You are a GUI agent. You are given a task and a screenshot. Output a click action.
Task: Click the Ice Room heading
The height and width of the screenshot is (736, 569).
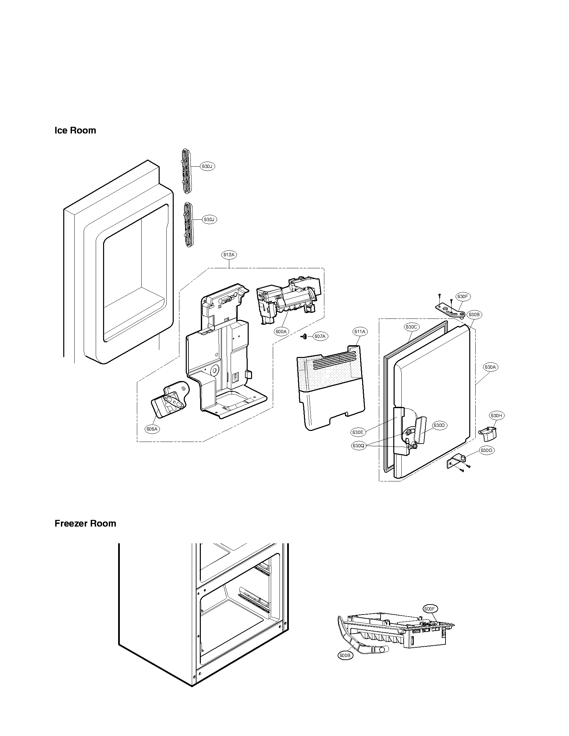tap(75, 130)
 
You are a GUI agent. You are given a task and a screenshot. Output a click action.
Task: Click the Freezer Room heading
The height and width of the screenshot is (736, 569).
tap(85, 523)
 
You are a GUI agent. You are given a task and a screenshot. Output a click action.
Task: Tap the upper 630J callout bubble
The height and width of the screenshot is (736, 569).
tap(207, 166)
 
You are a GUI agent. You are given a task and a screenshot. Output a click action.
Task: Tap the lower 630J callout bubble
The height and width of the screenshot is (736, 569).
tap(209, 219)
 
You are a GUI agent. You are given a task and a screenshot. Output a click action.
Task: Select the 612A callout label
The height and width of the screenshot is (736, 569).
tap(229, 255)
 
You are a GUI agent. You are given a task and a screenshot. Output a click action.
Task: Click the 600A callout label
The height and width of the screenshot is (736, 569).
tap(281, 332)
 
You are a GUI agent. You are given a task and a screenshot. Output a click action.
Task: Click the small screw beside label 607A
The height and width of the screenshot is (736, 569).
tap(304, 336)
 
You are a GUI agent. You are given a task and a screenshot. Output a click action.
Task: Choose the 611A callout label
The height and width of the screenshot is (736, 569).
tap(360, 332)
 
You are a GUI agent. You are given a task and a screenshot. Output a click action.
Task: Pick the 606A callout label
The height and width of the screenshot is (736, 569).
tap(152, 429)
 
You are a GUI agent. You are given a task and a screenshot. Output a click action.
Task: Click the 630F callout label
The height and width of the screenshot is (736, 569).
tap(463, 296)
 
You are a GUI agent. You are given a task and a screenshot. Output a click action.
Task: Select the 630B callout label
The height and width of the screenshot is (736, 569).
tap(474, 314)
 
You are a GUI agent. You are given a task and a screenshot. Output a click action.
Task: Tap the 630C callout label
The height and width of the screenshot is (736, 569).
tap(412, 327)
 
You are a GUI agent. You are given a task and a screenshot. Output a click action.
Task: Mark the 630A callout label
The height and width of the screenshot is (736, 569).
tap(490, 367)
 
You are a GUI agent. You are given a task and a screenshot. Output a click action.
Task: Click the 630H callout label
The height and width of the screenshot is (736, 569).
tap(496, 416)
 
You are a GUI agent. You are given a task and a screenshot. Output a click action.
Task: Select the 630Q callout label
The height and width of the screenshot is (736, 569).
tap(358, 446)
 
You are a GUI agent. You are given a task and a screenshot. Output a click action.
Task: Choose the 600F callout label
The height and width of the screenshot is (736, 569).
tap(430, 609)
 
